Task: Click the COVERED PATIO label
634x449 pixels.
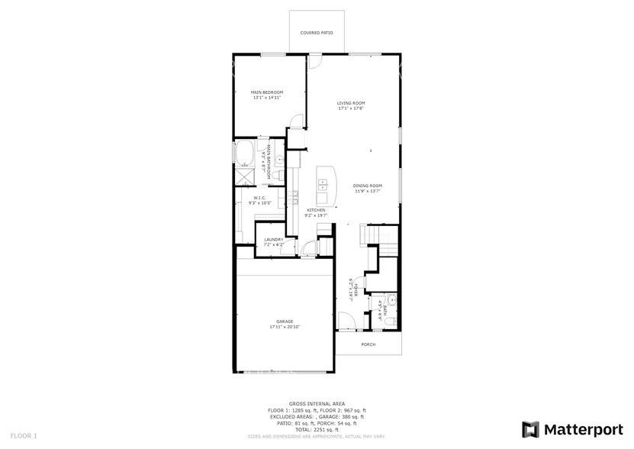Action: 316,33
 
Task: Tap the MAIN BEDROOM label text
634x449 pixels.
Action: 266,92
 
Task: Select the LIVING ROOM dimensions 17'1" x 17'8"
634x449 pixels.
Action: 352,108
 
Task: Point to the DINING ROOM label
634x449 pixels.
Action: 367,186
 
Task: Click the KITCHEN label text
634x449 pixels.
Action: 316,210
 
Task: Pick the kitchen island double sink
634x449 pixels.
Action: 323,183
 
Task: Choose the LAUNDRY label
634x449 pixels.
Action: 274,240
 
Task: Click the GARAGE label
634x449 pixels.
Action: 285,321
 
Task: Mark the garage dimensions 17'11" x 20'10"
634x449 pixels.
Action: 285,327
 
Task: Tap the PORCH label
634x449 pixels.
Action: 368,344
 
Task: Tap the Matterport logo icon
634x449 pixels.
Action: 530,429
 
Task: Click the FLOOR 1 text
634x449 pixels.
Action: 24,436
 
